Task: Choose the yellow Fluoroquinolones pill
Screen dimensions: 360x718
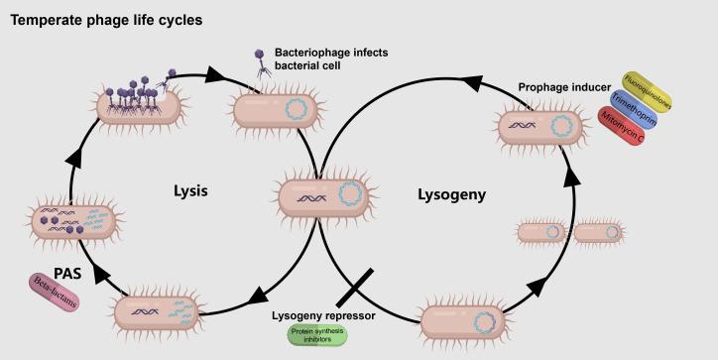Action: click(x=647, y=92)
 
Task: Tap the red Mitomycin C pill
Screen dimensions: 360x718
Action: click(x=622, y=136)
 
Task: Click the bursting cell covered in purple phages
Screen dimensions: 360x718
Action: click(x=138, y=102)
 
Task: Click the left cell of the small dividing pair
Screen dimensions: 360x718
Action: click(x=542, y=233)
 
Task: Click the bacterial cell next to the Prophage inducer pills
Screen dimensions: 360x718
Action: click(x=540, y=127)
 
